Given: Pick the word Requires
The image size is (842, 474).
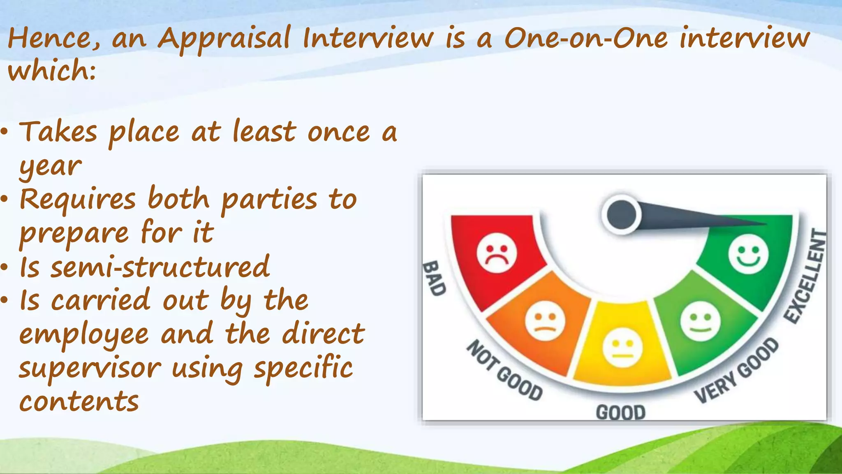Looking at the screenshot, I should click(78, 200).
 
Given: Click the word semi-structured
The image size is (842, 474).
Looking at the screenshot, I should click(160, 267).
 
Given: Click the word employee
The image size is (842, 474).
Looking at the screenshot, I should click(84, 334).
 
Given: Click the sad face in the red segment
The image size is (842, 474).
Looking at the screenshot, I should click(496, 253).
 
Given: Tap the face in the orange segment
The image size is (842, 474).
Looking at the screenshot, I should click(545, 321).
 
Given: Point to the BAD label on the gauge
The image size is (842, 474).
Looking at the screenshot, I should click(435, 278).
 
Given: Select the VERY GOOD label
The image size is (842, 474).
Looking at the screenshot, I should click(736, 370).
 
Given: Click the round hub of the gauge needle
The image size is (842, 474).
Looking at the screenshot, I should click(621, 214).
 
